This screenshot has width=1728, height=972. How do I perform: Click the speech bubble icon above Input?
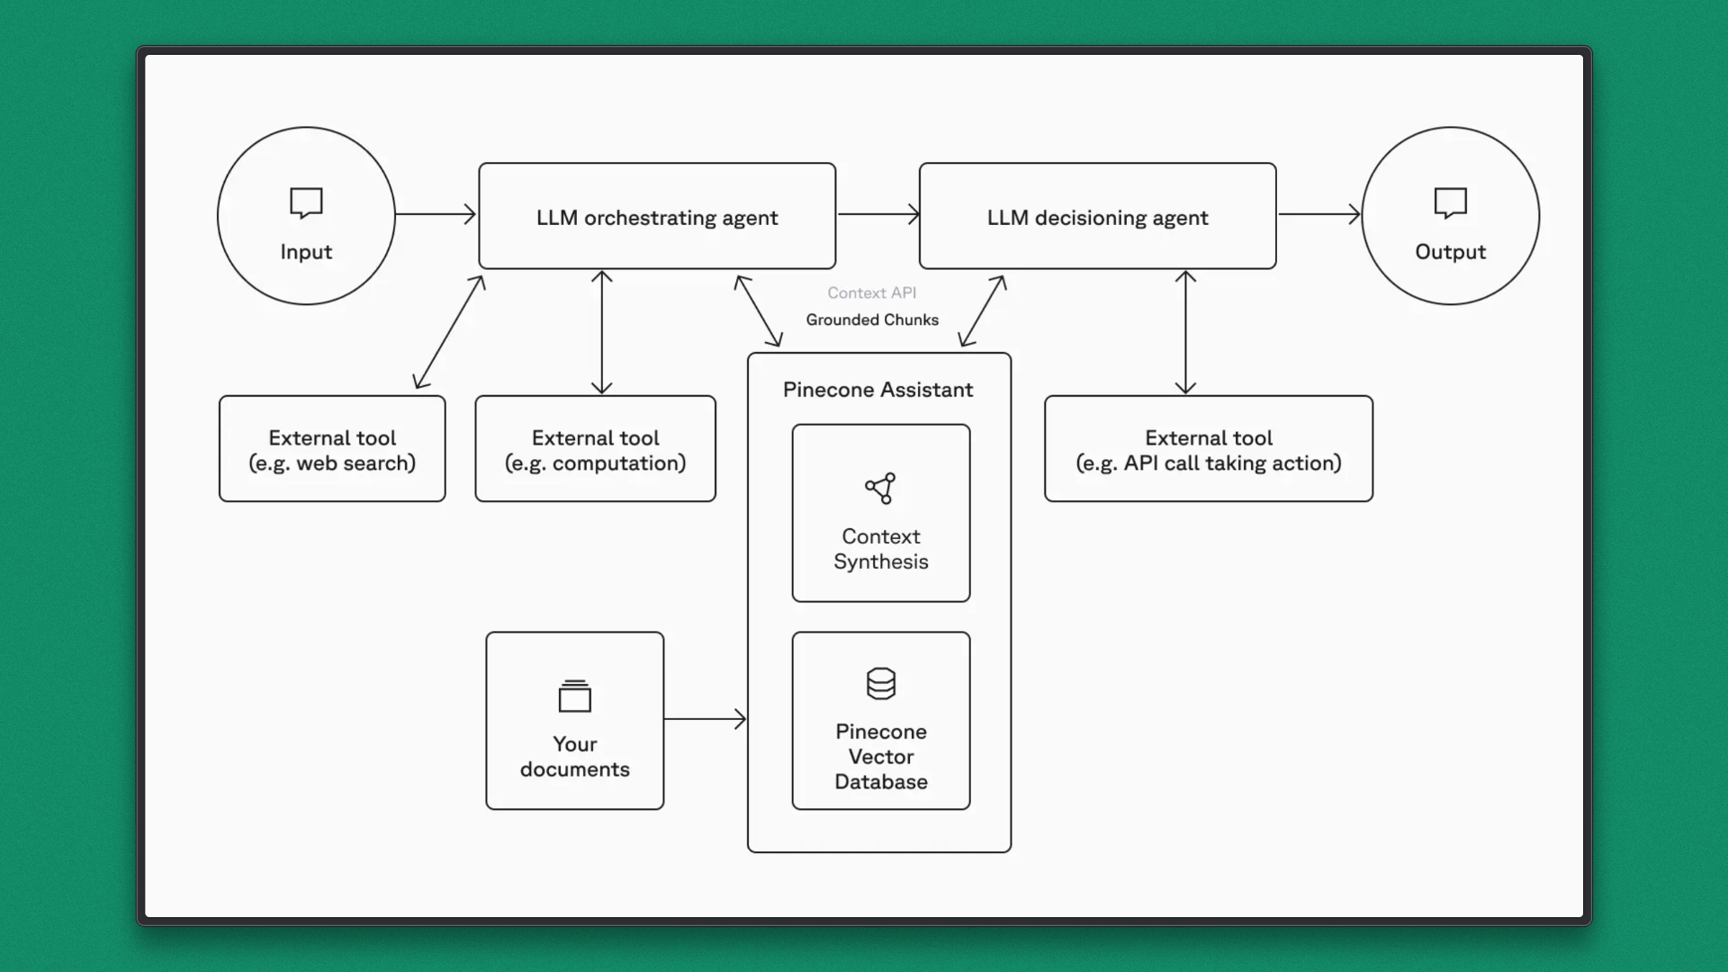coord(306,202)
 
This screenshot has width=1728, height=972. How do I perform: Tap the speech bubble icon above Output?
coord(1450,202)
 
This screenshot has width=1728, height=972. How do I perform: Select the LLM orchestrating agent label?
coord(657,218)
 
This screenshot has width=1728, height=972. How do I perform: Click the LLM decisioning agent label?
coord(1097,218)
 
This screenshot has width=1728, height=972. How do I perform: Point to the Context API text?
coord(872,292)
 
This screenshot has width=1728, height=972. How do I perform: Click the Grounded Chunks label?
coord(872,319)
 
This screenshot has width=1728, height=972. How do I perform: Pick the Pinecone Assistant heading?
coord(877,390)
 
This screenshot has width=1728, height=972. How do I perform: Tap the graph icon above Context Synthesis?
coord(880,488)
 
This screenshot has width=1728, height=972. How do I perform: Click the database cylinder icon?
coord(881,683)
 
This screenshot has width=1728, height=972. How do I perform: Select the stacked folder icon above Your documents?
coord(575,696)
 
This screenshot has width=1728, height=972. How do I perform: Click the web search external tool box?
coord(332,449)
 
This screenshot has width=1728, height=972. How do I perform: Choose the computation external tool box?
coord(596,449)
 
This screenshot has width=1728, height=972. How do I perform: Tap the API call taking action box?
coord(1209,449)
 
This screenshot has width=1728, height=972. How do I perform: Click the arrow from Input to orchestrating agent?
coord(436,214)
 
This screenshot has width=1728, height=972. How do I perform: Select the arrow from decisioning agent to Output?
coord(1319,214)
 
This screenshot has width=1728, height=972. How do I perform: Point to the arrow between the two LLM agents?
coord(878,214)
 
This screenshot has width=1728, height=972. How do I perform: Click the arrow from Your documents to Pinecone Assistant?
coord(706,719)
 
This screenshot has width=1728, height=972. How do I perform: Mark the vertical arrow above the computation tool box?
coord(602,332)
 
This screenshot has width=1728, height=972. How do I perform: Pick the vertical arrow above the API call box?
coord(1185,332)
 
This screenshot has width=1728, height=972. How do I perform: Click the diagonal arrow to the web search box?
coord(449,332)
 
